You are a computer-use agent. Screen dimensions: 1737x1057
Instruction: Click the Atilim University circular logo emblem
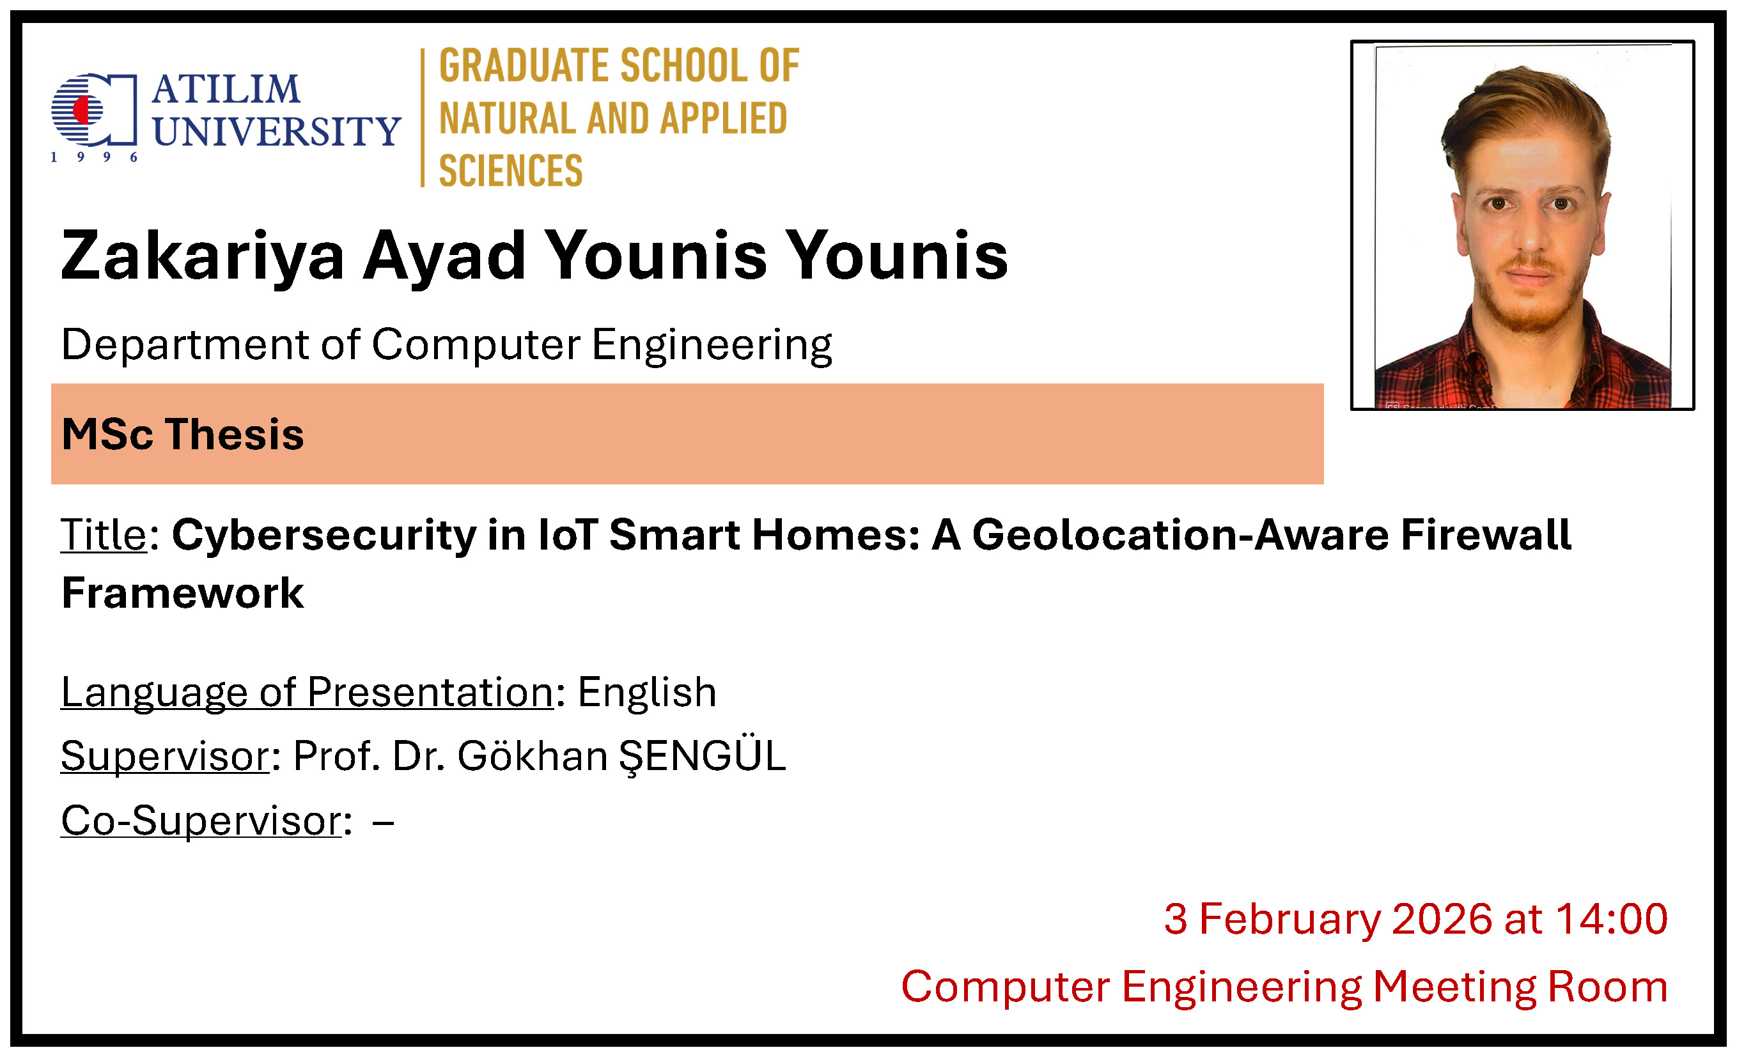click(x=94, y=109)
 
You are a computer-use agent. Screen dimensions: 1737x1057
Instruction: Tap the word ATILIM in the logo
click(x=226, y=89)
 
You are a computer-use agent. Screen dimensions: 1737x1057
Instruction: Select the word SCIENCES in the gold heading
click(x=510, y=171)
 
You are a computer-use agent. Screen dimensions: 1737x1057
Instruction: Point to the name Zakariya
click(x=202, y=257)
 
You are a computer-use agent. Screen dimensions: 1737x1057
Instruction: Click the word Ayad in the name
click(x=444, y=257)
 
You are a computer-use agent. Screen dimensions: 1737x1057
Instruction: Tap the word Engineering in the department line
click(x=712, y=346)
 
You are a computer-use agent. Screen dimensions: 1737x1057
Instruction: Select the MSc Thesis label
click(x=183, y=433)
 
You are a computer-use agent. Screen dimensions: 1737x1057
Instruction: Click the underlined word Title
click(x=104, y=534)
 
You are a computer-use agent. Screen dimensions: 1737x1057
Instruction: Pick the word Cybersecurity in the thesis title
click(x=324, y=536)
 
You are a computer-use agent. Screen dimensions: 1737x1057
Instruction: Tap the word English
click(x=646, y=693)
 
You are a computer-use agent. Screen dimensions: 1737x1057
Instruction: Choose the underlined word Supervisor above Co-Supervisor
click(x=165, y=756)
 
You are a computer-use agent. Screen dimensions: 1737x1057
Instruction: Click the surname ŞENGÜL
click(x=702, y=756)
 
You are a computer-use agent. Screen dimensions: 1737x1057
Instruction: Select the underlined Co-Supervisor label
click(x=201, y=821)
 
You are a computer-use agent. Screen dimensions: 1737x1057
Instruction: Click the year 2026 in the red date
click(x=1442, y=919)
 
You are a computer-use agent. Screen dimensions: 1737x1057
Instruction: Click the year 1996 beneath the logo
click(x=94, y=157)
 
